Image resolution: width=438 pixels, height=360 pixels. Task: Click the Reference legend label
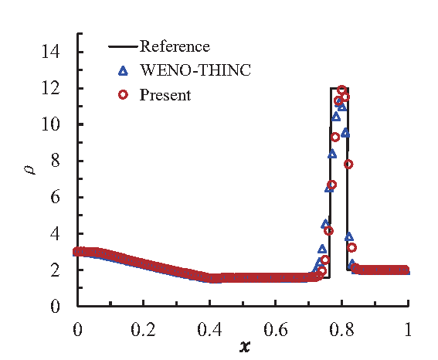tap(174, 47)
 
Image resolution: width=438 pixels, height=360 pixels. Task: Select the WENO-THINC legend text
tap(186, 71)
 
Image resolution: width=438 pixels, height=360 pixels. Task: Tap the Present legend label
tap(165, 96)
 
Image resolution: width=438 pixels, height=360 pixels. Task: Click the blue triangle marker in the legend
tap(122, 71)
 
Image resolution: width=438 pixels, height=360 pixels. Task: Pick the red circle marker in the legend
tap(122, 96)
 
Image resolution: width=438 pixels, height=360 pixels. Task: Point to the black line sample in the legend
tap(122, 47)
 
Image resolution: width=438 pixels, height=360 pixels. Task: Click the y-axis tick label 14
tap(52, 52)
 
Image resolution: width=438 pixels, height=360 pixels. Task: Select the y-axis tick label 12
tap(52, 88)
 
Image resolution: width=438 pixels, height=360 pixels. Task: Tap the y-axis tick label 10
tap(52, 124)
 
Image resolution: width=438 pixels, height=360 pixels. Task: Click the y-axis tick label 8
tap(56, 161)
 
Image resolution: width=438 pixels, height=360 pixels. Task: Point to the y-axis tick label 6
tap(56, 197)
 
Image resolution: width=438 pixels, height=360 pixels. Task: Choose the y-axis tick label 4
tap(56, 233)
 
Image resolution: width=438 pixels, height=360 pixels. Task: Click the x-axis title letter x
tap(244, 347)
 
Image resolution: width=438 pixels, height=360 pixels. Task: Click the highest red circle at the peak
tap(341, 90)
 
